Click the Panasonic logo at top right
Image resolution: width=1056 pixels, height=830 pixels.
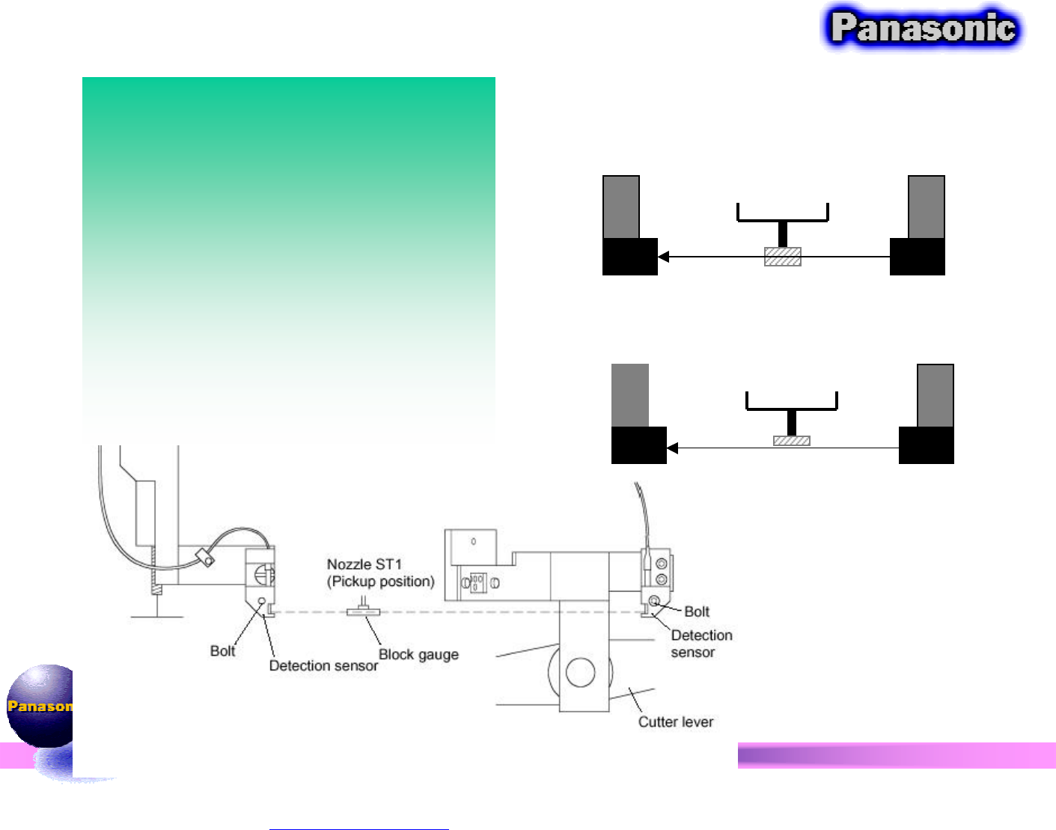tap(923, 28)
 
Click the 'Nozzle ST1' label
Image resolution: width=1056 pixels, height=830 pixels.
tap(364, 564)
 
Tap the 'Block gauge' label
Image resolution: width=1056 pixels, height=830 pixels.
tap(418, 655)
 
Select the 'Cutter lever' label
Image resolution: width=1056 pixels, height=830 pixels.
tap(675, 722)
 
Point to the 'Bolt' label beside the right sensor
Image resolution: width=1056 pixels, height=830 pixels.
tap(697, 611)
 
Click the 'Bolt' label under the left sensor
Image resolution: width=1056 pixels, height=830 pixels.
tap(222, 651)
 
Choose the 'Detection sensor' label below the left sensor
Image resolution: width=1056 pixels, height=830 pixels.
tap(323, 666)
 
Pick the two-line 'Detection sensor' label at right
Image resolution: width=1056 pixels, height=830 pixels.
tap(701, 644)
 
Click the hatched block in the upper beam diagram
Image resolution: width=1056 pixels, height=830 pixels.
tap(782, 257)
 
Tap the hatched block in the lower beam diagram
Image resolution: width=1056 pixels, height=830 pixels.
tap(791, 441)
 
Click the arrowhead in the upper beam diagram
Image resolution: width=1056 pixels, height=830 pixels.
tap(663, 257)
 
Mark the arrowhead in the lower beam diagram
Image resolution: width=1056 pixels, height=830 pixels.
tap(672, 448)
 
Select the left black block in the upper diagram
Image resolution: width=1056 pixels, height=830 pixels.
tap(629, 257)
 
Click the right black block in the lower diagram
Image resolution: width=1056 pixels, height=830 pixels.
tap(926, 445)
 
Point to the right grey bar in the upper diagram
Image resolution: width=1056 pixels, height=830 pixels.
tap(926, 207)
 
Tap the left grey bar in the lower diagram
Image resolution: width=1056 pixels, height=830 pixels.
tap(629, 395)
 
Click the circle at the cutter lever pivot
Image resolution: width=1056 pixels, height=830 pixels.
tap(580, 672)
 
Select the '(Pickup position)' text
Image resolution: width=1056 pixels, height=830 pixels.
tap(380, 582)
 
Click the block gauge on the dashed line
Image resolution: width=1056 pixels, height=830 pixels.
tap(363, 612)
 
